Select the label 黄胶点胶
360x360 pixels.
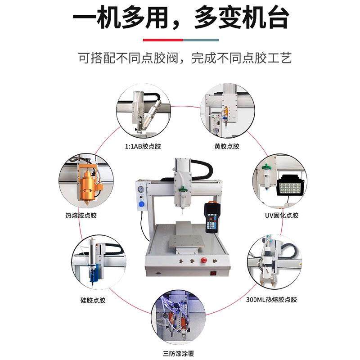[x=227, y=146]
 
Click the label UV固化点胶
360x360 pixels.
[x=281, y=215]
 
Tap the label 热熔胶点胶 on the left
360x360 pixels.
[x=81, y=215]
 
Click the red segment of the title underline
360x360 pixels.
[x=162, y=40]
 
